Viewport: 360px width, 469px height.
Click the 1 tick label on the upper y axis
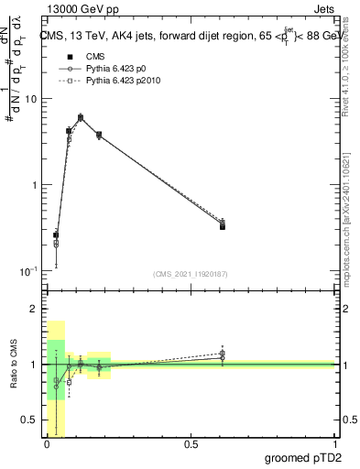[33, 185]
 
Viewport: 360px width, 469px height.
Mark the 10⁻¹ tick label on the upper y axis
[27, 271]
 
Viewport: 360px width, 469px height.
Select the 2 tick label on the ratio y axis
[33, 309]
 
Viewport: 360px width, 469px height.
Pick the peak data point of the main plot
[81, 117]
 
